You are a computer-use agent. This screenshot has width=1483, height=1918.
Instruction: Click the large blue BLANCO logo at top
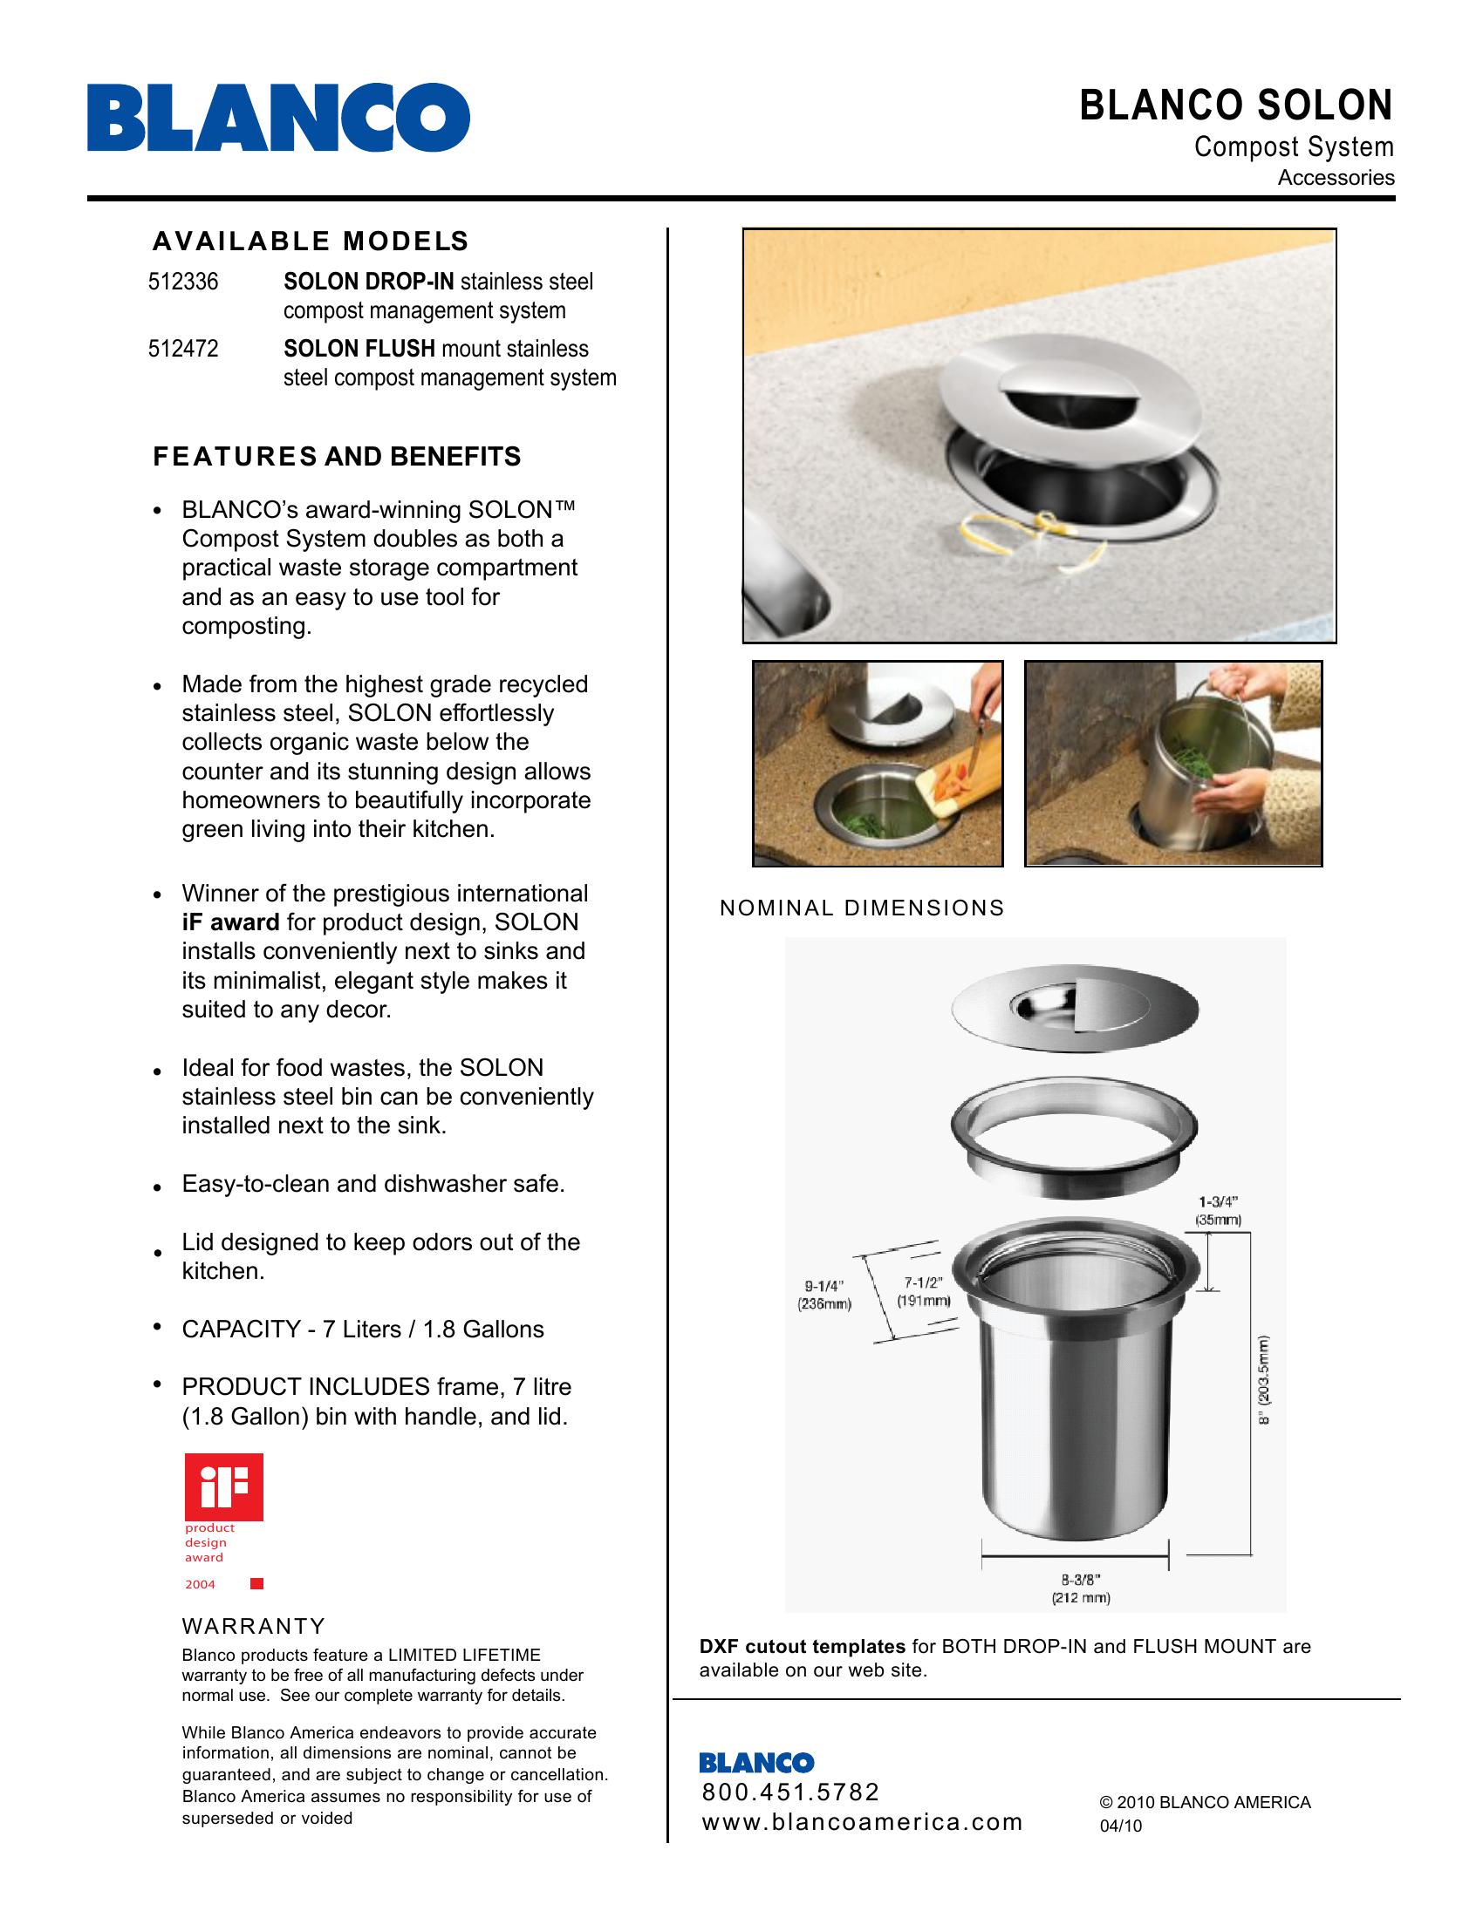click(x=278, y=117)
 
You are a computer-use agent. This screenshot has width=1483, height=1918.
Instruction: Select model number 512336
click(x=182, y=282)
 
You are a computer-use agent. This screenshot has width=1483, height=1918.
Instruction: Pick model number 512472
click(x=182, y=349)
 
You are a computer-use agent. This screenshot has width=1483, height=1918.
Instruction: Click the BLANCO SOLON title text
click(x=1235, y=105)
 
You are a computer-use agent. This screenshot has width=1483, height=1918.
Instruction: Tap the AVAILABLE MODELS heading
click(x=311, y=241)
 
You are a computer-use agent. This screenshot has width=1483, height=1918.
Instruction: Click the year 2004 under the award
click(x=200, y=1584)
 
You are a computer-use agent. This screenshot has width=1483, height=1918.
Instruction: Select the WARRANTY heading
click(x=254, y=1626)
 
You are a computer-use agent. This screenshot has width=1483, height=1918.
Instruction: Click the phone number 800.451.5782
click(x=790, y=1792)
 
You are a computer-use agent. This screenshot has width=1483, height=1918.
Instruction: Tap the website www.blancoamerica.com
click(x=862, y=1821)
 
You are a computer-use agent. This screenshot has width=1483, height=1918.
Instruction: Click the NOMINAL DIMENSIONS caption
click(x=862, y=908)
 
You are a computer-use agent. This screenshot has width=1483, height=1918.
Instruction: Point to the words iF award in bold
click(x=230, y=922)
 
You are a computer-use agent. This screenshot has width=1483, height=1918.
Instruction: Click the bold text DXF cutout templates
click(x=802, y=1646)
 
